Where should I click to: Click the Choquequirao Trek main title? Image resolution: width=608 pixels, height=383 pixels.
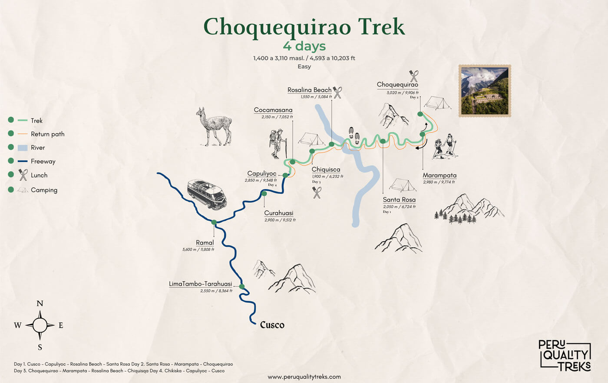pyautogui.click(x=304, y=27)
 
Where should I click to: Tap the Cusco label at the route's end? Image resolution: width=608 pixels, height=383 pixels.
pyautogui.click(x=272, y=325)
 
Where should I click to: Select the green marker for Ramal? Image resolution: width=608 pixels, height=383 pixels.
pyautogui.click(x=214, y=222)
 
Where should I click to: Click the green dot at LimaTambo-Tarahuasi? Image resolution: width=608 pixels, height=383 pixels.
pyautogui.click(x=242, y=286)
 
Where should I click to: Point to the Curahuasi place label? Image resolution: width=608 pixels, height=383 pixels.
pyautogui.click(x=279, y=213)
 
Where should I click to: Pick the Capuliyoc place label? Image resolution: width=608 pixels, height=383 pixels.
pyautogui.click(x=262, y=173)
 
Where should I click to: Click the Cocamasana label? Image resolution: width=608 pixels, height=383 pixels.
pyautogui.click(x=273, y=110)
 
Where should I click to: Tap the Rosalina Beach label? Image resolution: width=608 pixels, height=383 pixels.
pyautogui.click(x=309, y=90)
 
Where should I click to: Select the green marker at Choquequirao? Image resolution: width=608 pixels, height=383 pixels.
pyautogui.click(x=420, y=114)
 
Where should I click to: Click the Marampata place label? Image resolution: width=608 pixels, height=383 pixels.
pyautogui.click(x=439, y=175)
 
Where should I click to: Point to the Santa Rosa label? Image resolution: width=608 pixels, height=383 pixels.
pyautogui.click(x=399, y=200)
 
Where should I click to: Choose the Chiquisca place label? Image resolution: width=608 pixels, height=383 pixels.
pyautogui.click(x=326, y=170)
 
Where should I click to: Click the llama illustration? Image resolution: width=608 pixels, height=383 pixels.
pyautogui.click(x=214, y=126)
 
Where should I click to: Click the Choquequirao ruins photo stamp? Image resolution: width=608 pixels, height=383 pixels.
pyautogui.click(x=485, y=91)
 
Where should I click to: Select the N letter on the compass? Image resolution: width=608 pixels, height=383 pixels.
pyautogui.click(x=40, y=303)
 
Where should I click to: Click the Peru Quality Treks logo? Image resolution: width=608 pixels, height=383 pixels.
pyautogui.click(x=565, y=355)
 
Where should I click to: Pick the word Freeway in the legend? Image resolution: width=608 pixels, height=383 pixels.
pyautogui.click(x=43, y=161)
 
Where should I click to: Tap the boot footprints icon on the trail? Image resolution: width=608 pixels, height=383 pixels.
pyautogui.click(x=354, y=136)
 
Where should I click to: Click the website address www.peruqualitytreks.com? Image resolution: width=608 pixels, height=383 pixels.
pyautogui.click(x=304, y=377)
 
